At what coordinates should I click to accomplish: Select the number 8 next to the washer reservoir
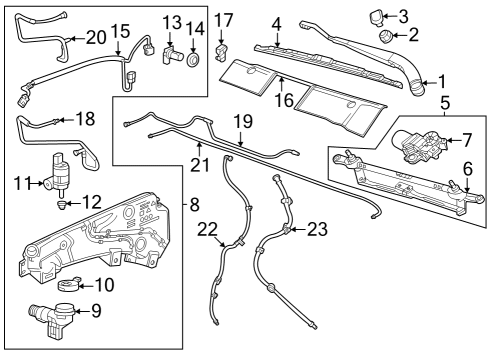click(194, 203)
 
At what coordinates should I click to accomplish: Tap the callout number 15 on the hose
click(120, 32)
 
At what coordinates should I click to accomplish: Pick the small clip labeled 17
click(223, 49)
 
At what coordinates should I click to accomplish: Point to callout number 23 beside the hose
click(316, 229)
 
